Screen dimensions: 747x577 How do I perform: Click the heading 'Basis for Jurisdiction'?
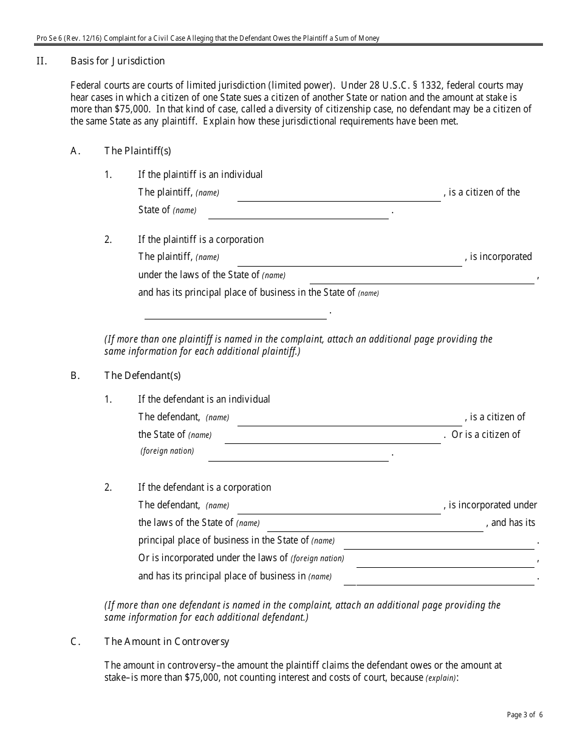(117, 61)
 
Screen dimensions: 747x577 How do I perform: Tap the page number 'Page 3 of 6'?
(525, 715)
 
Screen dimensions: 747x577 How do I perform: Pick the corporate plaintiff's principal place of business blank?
(235, 312)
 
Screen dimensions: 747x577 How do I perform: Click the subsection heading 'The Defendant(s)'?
(142, 376)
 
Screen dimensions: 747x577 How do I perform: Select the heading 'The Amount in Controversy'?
(166, 642)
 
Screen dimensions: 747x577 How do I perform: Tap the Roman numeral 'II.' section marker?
(42, 61)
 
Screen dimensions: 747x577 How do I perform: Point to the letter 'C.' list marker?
(76, 642)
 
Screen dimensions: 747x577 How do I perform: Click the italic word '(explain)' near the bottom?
(440, 678)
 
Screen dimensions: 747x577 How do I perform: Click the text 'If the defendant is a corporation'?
(204, 488)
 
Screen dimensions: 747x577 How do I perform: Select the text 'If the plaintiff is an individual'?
(200, 175)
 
